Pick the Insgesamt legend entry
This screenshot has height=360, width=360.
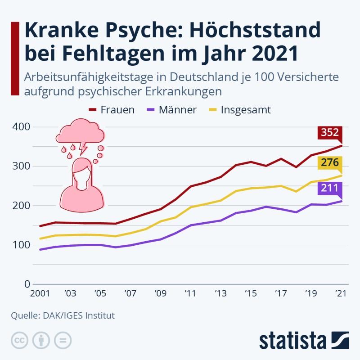pos(239,110)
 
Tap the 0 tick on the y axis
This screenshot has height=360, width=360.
pos(27,284)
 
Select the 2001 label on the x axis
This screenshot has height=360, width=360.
pos(40,294)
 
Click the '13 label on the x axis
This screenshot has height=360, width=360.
pos(220,294)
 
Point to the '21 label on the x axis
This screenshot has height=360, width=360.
pos(341,294)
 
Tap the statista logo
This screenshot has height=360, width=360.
pos(304,340)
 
